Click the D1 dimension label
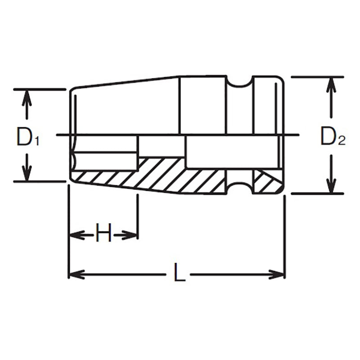(x=28, y=137)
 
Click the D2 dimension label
(x=332, y=137)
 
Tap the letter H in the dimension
(x=103, y=234)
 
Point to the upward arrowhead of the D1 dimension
(x=28, y=97)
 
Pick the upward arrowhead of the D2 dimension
(x=331, y=85)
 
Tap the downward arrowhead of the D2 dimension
(x=331, y=186)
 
